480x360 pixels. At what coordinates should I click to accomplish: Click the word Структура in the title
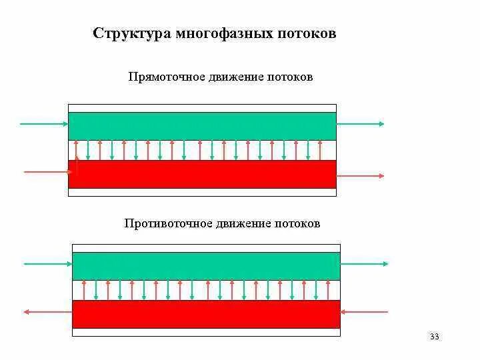tap(131, 33)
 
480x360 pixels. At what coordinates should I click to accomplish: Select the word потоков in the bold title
tap(307, 33)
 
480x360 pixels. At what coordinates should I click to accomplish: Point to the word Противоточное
tap(167, 223)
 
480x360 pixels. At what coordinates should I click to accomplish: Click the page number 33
tap(435, 336)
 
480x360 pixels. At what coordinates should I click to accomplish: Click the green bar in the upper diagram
tap(202, 126)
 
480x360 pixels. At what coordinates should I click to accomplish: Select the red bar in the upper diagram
tap(202, 174)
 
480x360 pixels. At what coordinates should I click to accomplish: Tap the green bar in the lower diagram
tap(206, 266)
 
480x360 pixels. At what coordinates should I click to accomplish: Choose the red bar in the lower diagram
tap(206, 314)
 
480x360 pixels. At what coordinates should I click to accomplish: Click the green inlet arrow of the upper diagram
tap(44, 124)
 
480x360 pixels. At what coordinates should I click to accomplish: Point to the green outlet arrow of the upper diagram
tap(361, 124)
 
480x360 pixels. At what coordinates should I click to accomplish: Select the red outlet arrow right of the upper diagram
tap(361, 176)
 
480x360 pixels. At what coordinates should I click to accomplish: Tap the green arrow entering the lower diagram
tap(47, 264)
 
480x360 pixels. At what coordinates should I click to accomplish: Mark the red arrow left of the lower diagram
tap(47, 311)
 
